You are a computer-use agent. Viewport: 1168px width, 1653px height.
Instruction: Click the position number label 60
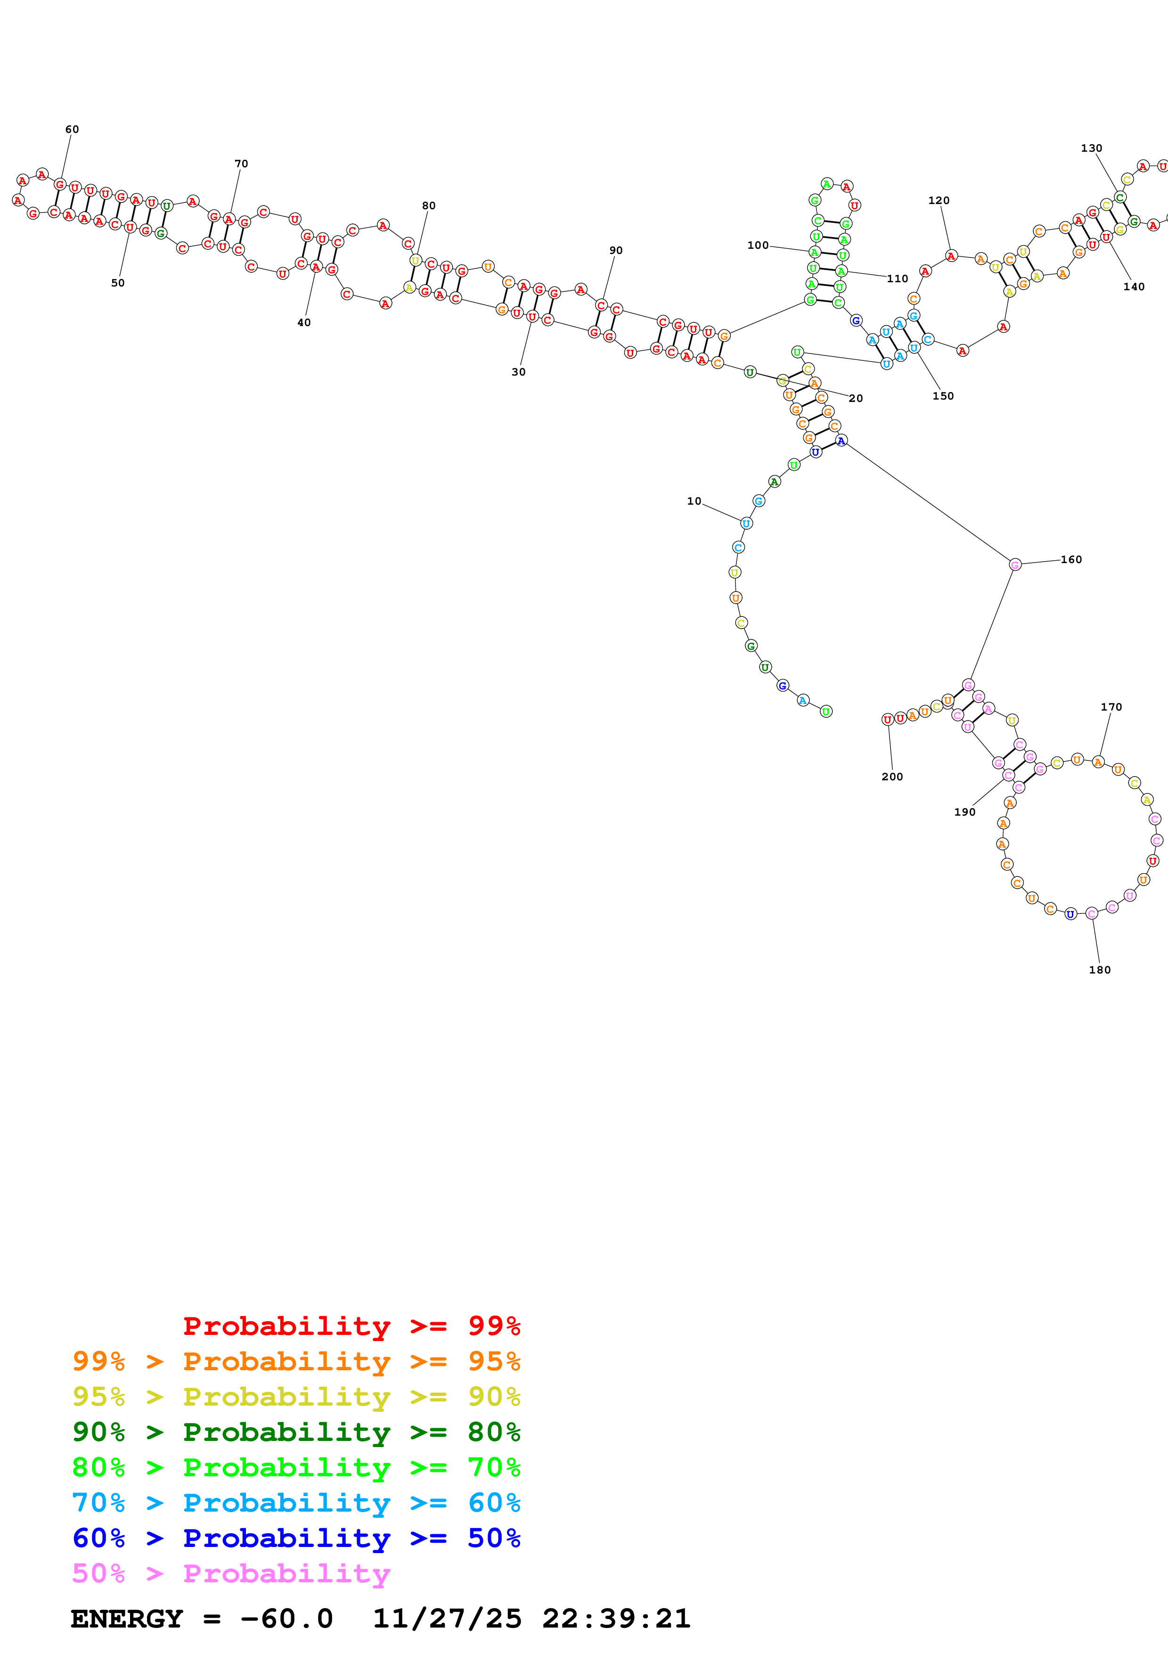(72, 130)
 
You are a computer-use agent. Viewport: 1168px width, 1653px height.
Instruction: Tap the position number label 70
(241, 164)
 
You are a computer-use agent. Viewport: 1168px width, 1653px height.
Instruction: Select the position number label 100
(758, 245)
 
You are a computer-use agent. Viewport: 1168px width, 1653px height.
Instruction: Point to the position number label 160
(1071, 559)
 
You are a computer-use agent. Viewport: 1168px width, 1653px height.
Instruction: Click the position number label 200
(891, 777)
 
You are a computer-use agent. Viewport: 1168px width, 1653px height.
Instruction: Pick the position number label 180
(1099, 970)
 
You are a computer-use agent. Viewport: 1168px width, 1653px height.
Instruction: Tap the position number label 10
(694, 501)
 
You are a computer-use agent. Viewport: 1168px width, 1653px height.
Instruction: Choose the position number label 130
(1091, 148)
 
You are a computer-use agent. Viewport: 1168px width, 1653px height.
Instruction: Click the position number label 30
(518, 372)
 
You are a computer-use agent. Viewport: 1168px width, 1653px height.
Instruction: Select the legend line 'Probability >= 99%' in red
(351, 1326)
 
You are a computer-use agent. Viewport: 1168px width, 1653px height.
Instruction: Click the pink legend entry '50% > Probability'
(231, 1573)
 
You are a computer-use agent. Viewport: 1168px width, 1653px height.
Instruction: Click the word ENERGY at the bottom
(127, 1619)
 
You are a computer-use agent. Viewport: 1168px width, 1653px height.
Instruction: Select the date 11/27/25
(447, 1619)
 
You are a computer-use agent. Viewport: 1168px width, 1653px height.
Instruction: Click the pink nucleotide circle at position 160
(1015, 565)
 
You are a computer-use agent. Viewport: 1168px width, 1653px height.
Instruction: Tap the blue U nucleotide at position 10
(746, 524)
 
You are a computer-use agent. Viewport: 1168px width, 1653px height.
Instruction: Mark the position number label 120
(939, 201)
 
